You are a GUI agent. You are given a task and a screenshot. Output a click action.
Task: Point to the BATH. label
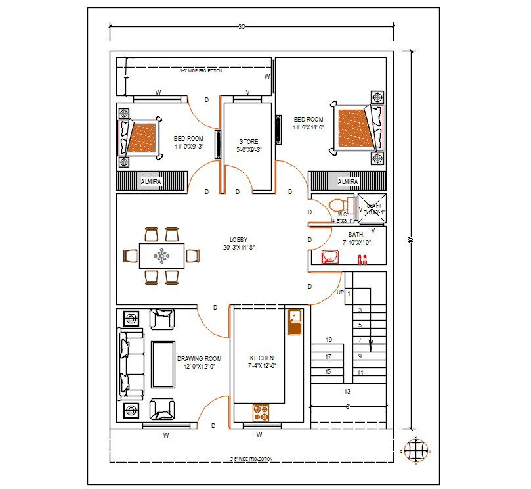(x=356, y=234)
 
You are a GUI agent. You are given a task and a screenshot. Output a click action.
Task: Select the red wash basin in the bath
(x=329, y=257)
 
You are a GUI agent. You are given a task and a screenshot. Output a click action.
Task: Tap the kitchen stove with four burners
(x=261, y=413)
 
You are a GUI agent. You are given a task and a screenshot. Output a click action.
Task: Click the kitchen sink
(x=294, y=321)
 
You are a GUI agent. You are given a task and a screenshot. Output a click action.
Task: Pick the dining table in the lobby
(x=161, y=255)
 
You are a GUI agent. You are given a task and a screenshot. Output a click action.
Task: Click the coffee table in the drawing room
(x=163, y=365)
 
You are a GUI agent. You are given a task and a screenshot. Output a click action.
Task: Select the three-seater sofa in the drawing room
(x=131, y=365)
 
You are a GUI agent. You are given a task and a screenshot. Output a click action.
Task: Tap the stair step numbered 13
(x=347, y=391)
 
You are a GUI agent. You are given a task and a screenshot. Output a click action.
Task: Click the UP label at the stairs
(x=339, y=292)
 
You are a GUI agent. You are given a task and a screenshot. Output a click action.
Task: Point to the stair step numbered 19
(x=329, y=340)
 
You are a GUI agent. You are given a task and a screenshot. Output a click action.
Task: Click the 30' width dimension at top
(x=241, y=27)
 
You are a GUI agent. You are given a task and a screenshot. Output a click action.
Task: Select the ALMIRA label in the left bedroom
(x=152, y=181)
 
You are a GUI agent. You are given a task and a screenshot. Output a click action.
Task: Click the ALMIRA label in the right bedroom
(x=348, y=181)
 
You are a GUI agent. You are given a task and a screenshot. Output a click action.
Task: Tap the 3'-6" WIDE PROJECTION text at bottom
(x=251, y=459)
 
